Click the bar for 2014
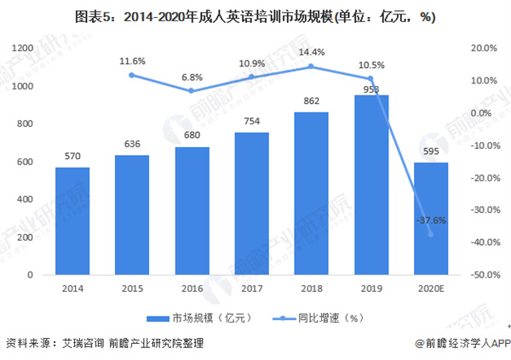[72, 221]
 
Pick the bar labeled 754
[251, 204]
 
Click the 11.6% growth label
[132, 61]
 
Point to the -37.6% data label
[430, 220]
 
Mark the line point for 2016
[192, 91]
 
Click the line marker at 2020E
[430, 234]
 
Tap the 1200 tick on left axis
[21, 49]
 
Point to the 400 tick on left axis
[24, 200]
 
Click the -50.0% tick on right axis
[484, 276]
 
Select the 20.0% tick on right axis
[484, 49]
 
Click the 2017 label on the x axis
[251, 289]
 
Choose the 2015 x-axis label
[132, 289]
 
